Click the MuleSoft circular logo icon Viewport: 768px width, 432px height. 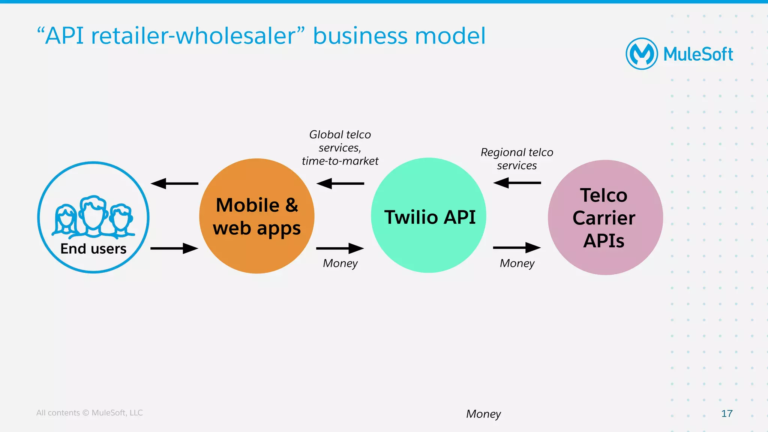[642, 54]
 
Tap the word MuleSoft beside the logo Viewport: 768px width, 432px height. [698, 54]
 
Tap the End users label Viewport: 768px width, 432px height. [93, 249]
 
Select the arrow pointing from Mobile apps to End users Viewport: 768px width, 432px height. [174, 184]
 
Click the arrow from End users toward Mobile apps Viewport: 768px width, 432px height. [174, 248]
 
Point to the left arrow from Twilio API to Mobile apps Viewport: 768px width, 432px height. [340, 184]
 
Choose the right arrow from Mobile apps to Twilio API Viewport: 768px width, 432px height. [340, 248]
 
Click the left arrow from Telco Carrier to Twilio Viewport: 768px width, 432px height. [517, 183]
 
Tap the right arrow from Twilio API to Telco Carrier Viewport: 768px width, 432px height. [517, 247]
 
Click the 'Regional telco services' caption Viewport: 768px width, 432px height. [517, 159]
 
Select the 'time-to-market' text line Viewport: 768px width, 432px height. [340, 161]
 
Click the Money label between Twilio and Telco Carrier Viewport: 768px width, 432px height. [517, 263]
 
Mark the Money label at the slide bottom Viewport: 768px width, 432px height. [483, 414]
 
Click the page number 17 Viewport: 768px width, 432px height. [727, 414]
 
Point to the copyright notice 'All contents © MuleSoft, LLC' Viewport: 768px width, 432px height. [90, 413]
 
